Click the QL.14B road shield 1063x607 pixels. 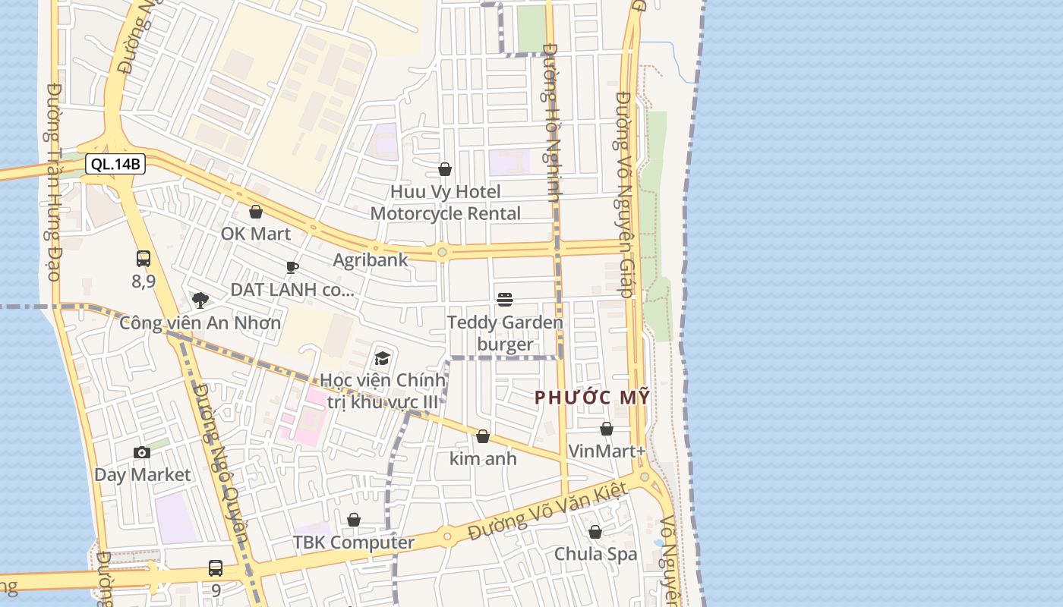(115, 164)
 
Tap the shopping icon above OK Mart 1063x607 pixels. (256, 212)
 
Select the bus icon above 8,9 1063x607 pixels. (144, 259)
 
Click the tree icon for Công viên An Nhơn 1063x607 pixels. (200, 300)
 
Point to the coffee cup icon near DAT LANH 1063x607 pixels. (292, 267)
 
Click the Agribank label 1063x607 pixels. (371, 260)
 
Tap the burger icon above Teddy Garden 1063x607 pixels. (505, 300)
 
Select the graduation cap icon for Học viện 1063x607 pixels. (382, 358)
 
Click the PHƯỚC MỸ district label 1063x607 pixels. (592, 397)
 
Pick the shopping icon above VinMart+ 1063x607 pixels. (607, 429)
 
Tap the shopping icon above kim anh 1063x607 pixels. (483, 436)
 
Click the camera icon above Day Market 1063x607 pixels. (142, 453)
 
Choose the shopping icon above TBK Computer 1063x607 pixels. (354, 520)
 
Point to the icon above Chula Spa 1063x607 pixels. (595, 532)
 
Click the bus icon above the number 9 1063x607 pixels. (216, 568)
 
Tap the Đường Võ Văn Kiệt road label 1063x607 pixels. (547, 512)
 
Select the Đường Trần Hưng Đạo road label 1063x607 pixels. (53, 182)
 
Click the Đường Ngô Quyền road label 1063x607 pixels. (220, 463)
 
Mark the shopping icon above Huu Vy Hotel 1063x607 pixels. (445, 169)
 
